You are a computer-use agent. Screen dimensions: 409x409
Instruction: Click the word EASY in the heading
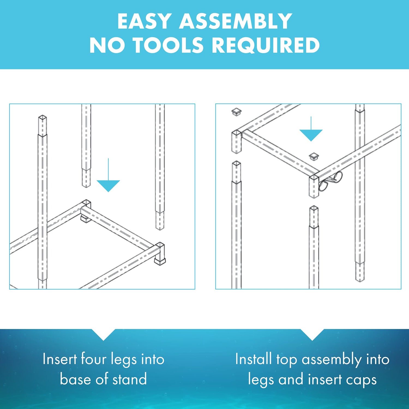point(144,21)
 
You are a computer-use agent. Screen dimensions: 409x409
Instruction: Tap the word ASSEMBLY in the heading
point(236,21)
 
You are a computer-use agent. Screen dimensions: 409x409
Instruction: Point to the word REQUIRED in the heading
point(266,45)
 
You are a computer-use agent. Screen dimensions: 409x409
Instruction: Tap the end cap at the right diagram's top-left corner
point(236,112)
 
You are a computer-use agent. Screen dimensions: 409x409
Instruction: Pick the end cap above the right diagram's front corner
point(314,156)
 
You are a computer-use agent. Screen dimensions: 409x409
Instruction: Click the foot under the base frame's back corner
point(85,219)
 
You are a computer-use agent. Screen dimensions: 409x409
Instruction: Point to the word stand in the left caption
point(130,379)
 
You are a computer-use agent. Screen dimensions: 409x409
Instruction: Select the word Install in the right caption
point(254,359)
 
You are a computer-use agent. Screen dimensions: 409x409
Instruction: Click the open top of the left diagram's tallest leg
point(43,118)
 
